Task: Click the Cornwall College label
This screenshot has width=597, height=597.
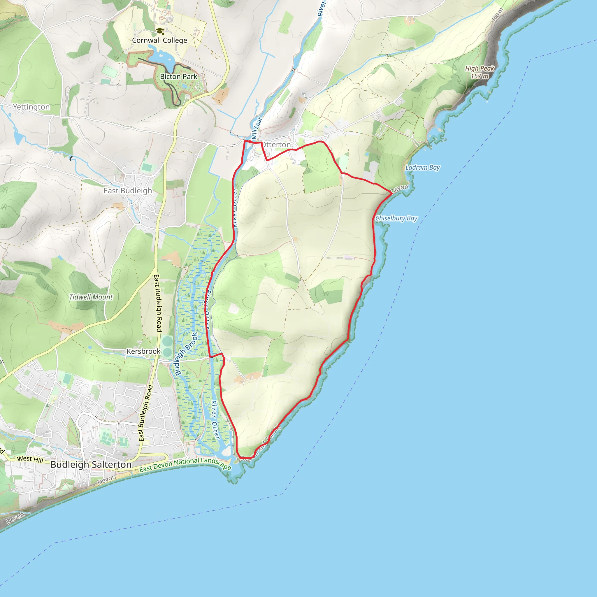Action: tap(159, 41)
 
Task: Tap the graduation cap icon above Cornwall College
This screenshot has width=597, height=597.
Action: tap(159, 31)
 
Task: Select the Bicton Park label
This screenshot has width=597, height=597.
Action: tap(178, 77)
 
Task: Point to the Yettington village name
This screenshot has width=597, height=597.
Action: tap(31, 107)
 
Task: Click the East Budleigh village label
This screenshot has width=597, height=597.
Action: tap(128, 191)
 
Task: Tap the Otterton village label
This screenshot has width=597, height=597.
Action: tap(276, 145)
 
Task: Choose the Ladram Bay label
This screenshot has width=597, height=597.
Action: tap(422, 168)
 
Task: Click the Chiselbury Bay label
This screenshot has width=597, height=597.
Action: tap(396, 218)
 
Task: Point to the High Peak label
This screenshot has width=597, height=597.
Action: tap(480, 68)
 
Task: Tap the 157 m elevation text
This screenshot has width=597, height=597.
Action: tap(480, 76)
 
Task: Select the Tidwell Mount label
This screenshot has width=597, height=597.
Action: tap(91, 297)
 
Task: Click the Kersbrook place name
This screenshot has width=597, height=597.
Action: tap(143, 351)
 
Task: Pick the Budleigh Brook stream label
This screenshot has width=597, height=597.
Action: tap(186, 354)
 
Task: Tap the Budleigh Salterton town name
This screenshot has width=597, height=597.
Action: tap(91, 464)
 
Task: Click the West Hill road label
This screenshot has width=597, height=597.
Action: tap(30, 459)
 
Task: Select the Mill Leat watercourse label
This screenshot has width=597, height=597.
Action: tap(257, 128)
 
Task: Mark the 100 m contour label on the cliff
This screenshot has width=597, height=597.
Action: tap(497, 14)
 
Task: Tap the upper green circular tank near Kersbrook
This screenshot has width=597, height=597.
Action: tap(167, 342)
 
